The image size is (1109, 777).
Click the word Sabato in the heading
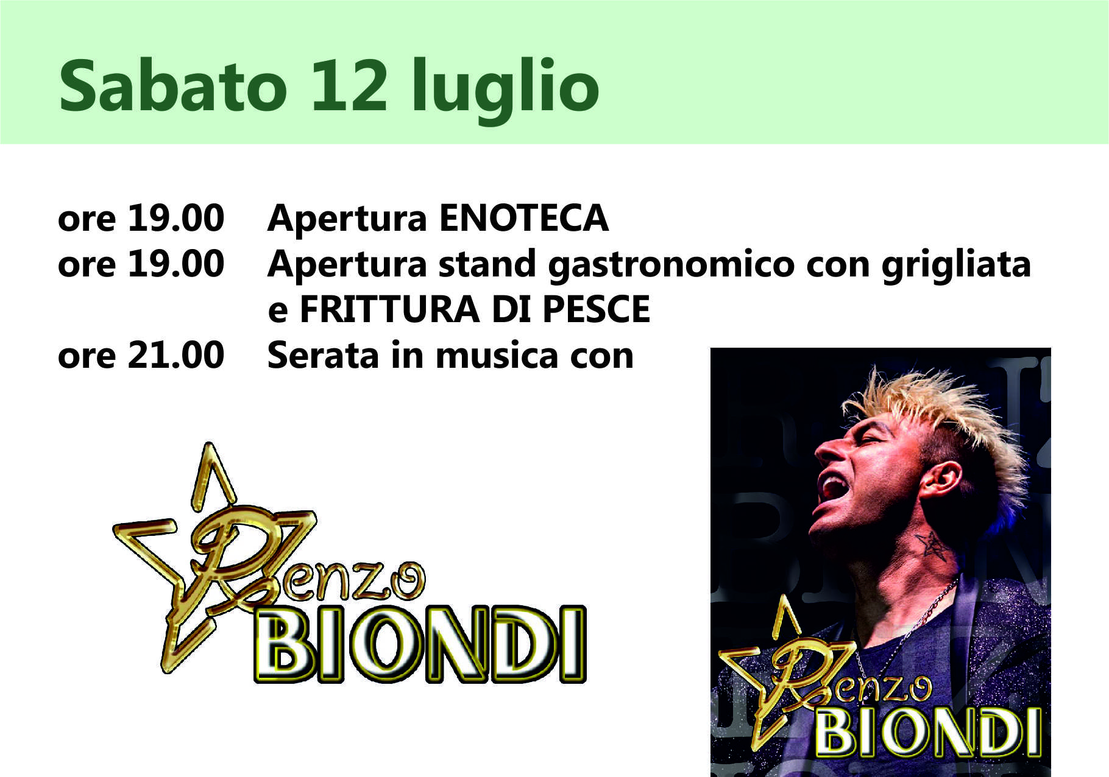pyautogui.click(x=172, y=85)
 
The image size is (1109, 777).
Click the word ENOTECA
pyautogui.click(x=523, y=218)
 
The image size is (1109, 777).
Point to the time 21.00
pyautogui.click(x=175, y=355)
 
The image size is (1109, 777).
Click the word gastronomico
pyautogui.click(x=671, y=267)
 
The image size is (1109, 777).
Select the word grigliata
pyautogui.click(x=956, y=265)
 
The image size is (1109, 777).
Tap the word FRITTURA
pyautogui.click(x=390, y=309)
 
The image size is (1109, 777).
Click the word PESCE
pyautogui.click(x=596, y=309)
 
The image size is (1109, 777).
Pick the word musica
pyautogui.click(x=497, y=355)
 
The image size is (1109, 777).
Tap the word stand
pyautogui.click(x=487, y=264)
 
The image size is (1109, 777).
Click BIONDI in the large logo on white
pyautogui.click(x=420, y=644)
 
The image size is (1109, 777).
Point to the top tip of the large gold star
pyautogui.click(x=209, y=443)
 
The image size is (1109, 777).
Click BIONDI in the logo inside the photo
pyautogui.click(x=927, y=732)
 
